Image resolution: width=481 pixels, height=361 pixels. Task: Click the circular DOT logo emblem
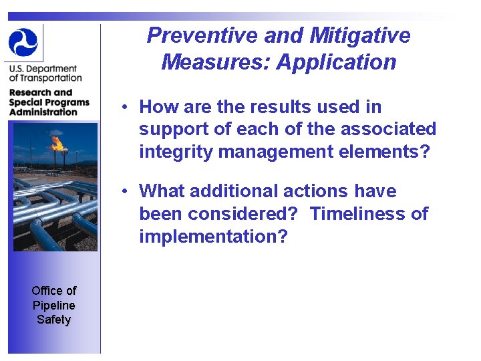click(x=23, y=42)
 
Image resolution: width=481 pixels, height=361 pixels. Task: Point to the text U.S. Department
click(x=43, y=69)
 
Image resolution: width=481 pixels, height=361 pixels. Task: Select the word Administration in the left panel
click(x=43, y=112)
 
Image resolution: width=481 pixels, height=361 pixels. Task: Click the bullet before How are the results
click(x=125, y=107)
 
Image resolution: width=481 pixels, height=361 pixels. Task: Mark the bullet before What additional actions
click(x=125, y=192)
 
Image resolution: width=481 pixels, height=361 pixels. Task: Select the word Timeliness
click(x=359, y=214)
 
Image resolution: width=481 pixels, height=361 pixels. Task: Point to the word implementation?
click(x=212, y=237)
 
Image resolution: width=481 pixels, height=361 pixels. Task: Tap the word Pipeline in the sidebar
click(x=54, y=305)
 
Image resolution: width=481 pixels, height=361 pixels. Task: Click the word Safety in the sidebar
click(x=54, y=320)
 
